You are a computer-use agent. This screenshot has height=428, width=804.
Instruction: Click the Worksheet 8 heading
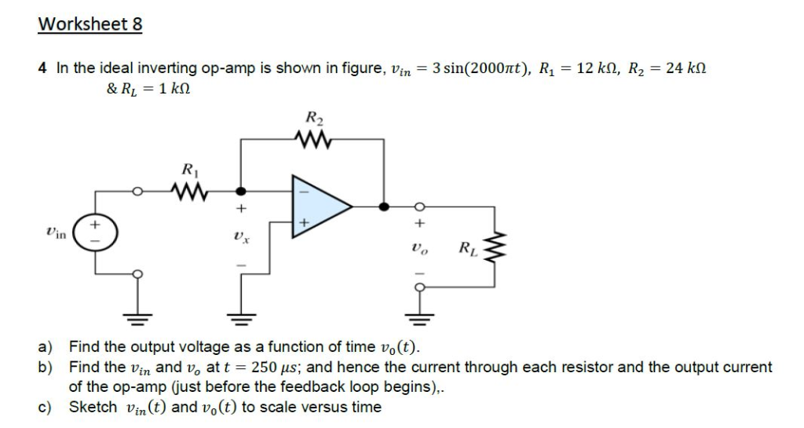(x=90, y=24)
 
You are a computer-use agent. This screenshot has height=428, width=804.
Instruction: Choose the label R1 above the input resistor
(x=189, y=168)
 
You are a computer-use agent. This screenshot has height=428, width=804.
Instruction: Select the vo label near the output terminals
(x=418, y=250)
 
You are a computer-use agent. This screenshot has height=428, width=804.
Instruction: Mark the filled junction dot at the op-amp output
(x=384, y=207)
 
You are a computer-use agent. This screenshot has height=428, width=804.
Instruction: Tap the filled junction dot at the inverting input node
(x=241, y=190)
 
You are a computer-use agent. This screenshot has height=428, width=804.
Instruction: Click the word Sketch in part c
(x=94, y=407)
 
